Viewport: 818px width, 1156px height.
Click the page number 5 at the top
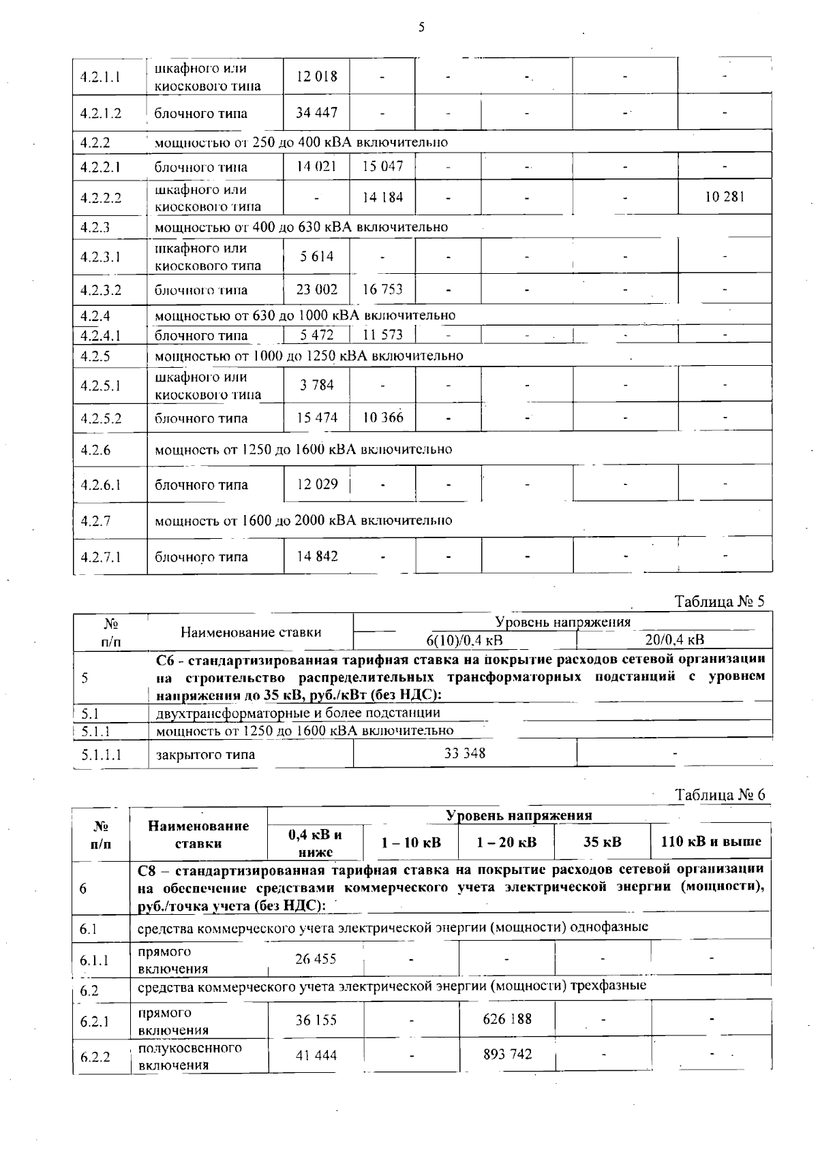pos(421,27)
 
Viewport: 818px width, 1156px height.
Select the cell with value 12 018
pos(316,77)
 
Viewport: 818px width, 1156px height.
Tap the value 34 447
pos(316,112)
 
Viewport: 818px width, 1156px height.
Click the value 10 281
pos(725,197)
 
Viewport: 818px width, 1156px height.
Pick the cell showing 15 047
pos(382,166)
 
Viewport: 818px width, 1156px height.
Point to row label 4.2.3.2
pos(100,290)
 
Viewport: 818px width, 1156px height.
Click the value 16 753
pos(382,290)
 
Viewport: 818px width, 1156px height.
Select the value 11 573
pos(382,334)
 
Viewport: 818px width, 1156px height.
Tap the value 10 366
pos(382,417)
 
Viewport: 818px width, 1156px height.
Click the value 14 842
pos(316,556)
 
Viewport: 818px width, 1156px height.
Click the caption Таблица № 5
pos(720,602)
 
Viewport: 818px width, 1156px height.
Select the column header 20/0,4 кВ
pos(674,640)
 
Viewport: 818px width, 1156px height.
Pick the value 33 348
pos(465,753)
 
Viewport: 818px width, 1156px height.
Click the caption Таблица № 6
pos(720,795)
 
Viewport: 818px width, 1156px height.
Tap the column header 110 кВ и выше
pos(711,841)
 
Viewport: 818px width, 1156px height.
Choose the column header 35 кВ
pos(603,842)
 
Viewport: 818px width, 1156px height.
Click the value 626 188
pos(506,1019)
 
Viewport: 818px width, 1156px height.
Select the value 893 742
pos(506,1055)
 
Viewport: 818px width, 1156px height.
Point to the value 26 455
pos(316,958)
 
